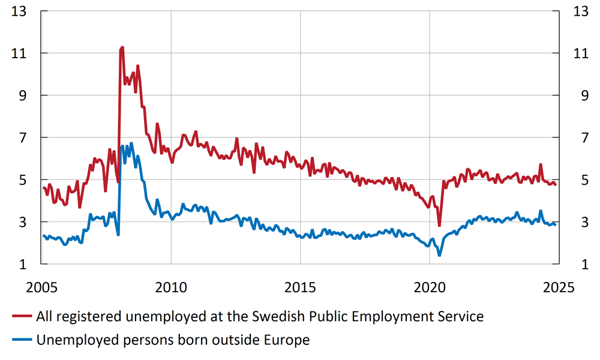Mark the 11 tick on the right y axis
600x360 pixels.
[x=581, y=53]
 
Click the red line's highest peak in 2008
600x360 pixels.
[x=122, y=47]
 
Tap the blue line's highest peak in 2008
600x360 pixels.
[x=131, y=143]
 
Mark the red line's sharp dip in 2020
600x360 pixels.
[x=439, y=226]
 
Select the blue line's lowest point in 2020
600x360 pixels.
[x=439, y=256]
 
